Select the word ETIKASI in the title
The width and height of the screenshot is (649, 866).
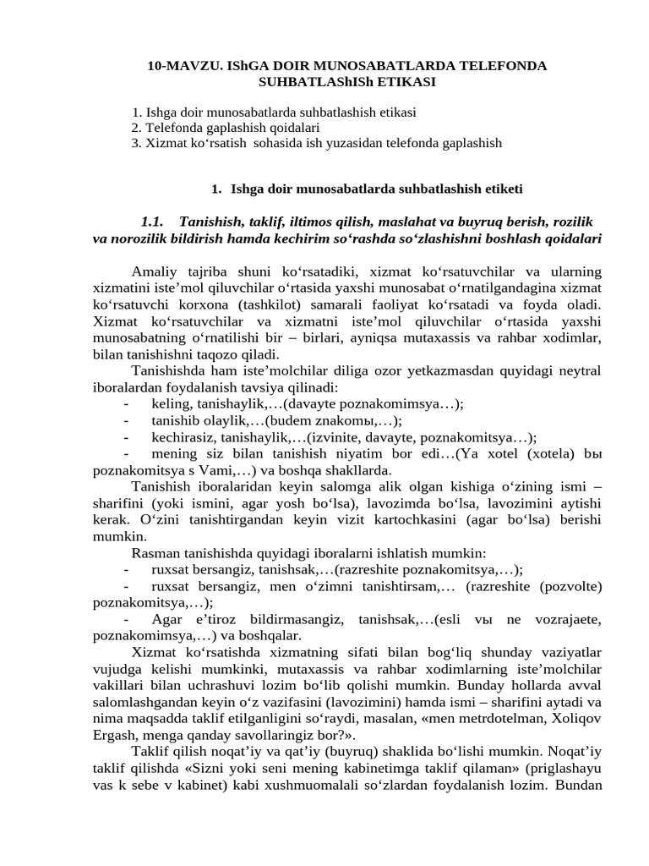(x=404, y=81)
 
